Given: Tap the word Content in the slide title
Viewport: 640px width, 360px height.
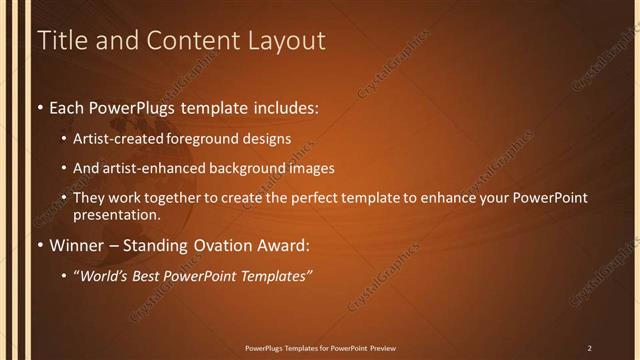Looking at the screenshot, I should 191,41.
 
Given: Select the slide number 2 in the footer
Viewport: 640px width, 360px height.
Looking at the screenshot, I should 589,347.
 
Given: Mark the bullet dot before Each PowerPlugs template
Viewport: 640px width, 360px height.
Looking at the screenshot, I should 39,105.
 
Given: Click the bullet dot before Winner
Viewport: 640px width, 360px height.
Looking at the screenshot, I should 39,244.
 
